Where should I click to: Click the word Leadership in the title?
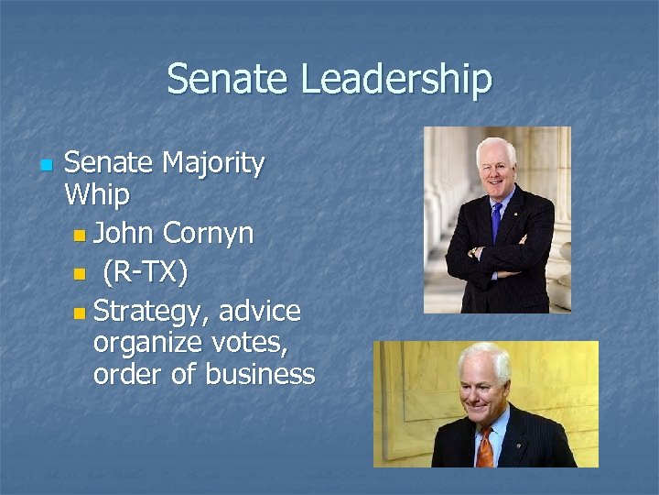click(x=396, y=80)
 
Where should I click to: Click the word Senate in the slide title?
click(x=229, y=80)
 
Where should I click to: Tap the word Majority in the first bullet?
click(x=213, y=164)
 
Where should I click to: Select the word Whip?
click(x=97, y=195)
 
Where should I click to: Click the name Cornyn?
click(x=208, y=234)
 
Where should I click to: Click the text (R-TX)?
click(x=145, y=272)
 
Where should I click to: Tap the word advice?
click(x=260, y=311)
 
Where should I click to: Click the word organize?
click(x=146, y=343)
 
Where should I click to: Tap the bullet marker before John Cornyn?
click(x=81, y=236)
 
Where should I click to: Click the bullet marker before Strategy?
click(x=81, y=313)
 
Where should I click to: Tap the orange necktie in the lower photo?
click(x=484, y=446)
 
